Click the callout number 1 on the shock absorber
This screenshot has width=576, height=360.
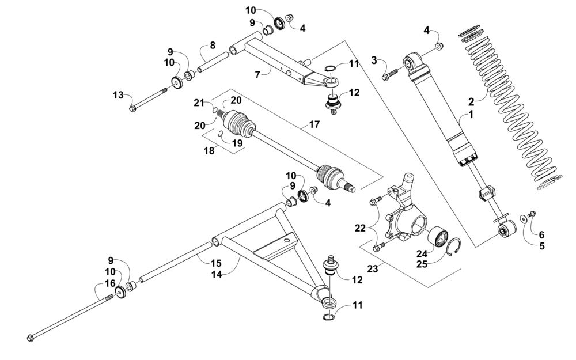471,115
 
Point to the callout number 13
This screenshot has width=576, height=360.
118,95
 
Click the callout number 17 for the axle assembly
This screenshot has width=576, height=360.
314,124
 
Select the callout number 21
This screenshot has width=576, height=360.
199,103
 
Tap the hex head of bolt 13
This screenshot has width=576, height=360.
133,107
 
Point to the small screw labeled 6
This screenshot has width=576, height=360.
532,214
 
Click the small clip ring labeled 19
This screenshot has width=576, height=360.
221,135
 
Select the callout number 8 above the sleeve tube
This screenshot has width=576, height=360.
213,45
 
